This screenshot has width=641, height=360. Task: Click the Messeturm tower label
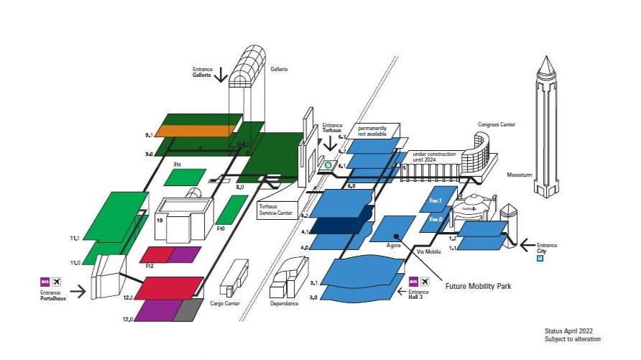519,174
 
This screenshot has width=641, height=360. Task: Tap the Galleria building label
279,69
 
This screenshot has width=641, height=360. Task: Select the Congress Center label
497,124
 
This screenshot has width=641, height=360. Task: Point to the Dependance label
285,303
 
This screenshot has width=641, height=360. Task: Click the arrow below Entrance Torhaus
331,143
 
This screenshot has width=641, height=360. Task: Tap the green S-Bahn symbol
327,165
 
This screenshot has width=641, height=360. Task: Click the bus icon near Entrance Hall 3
413,280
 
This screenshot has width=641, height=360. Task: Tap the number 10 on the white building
160,221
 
